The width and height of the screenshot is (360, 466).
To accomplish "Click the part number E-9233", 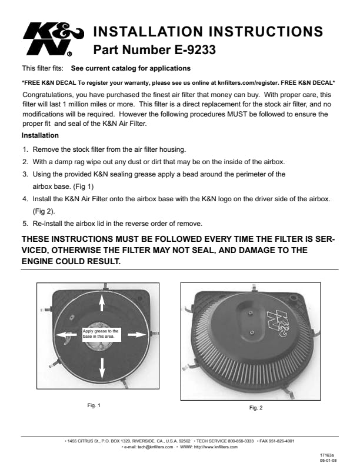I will (155, 51).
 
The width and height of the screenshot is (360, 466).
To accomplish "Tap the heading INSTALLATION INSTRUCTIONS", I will (208, 31).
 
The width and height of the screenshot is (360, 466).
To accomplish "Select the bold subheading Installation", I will (40, 136).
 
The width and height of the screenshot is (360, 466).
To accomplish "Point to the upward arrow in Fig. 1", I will (102, 302).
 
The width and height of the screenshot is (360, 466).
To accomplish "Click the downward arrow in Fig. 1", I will (102, 369).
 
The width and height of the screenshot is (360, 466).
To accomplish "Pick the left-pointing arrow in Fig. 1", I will (66, 334).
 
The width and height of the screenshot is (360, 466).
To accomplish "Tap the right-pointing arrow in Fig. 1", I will (136, 334).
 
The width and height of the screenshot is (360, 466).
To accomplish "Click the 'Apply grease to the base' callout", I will (101, 334).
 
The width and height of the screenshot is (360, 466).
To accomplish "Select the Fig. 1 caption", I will (94, 405).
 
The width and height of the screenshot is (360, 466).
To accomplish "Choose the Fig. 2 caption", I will (256, 407).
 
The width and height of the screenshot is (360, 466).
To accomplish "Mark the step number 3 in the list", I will (25, 174).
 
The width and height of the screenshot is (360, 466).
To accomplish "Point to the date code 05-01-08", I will (327, 462).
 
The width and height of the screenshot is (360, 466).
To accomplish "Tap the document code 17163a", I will (327, 455).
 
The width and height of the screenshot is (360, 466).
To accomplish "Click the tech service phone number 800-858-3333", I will (239, 441).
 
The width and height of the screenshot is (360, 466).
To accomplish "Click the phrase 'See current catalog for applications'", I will (131, 68).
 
